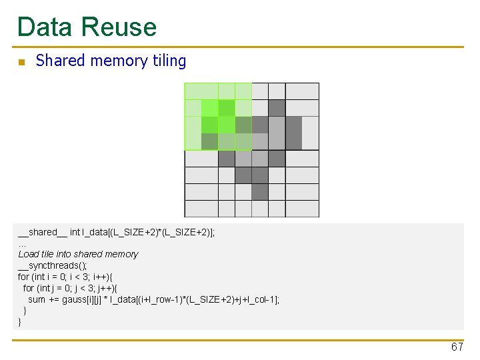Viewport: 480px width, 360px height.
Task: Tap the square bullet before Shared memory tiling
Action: pyautogui.click(x=21, y=62)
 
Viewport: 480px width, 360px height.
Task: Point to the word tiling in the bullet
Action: pyautogui.click(x=169, y=61)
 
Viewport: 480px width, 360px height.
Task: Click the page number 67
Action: pyautogui.click(x=457, y=347)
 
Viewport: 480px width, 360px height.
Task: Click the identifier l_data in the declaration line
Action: pyautogui.click(x=95, y=232)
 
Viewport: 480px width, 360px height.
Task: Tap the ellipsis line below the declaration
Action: pyautogui.click(x=22, y=243)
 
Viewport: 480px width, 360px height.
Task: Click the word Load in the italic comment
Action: pyautogui.click(x=29, y=254)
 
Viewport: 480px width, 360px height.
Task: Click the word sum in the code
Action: pyautogui.click(x=37, y=299)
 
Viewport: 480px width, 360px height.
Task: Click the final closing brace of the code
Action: pyautogui.click(x=19, y=322)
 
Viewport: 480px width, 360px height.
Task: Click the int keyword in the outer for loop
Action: pyautogui.click(x=40, y=277)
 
